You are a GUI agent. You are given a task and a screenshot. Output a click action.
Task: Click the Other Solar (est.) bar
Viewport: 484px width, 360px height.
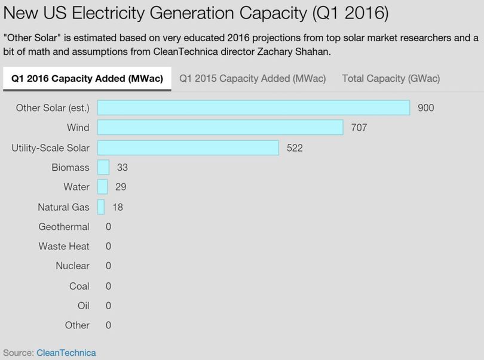coord(254,107)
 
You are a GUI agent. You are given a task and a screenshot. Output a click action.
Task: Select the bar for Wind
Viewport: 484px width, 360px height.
coord(220,127)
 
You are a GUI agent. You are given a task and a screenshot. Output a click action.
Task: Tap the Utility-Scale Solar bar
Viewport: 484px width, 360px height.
coord(188,148)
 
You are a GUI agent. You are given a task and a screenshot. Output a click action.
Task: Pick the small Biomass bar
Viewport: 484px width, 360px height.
coord(103,167)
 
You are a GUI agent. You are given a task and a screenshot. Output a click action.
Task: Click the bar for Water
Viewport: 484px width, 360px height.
coord(103,187)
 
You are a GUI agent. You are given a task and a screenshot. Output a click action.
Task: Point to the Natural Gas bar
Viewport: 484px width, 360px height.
coord(101,207)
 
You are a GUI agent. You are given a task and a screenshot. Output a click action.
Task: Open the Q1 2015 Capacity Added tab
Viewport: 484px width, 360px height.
coord(253,78)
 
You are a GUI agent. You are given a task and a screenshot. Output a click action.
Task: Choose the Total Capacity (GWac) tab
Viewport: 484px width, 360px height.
coord(391,78)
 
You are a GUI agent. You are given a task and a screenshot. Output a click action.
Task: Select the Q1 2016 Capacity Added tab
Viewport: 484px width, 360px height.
coord(87,79)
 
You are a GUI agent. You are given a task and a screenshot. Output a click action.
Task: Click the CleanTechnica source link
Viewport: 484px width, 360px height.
coord(66,353)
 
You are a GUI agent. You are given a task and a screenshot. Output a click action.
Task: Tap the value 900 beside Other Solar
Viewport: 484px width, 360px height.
coord(426,107)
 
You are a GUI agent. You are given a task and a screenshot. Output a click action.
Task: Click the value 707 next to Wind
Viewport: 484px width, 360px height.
coord(359,127)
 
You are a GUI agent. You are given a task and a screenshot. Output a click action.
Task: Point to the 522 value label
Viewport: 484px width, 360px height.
coord(295,148)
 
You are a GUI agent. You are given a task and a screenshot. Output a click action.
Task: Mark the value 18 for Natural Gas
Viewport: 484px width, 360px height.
coord(118,207)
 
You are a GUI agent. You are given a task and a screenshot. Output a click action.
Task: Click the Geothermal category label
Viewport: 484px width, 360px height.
coord(64,227)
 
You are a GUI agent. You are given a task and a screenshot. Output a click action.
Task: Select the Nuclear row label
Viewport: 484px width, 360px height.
coord(72,266)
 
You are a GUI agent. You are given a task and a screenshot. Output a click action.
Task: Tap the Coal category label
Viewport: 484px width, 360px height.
coord(79,286)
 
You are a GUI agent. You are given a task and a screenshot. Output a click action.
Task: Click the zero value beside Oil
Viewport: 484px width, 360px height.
coord(108,306)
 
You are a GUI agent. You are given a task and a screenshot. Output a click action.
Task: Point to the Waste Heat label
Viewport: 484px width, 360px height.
coord(64,246)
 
